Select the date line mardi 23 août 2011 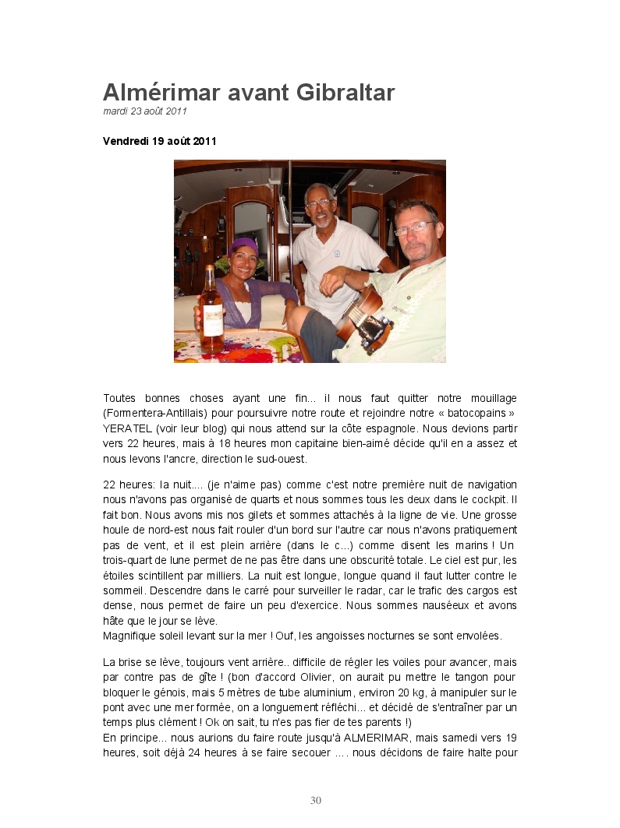(145, 111)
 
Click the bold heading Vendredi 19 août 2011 (159, 141)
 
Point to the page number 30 (316, 800)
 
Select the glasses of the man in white (318, 204)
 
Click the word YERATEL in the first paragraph (127, 428)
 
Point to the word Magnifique (130, 635)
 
